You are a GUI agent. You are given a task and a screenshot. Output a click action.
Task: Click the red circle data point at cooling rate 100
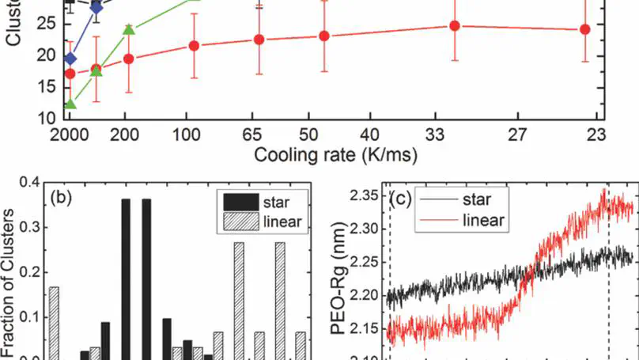tap(194, 46)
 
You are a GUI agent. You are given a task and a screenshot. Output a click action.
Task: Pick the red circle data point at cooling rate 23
tap(584, 29)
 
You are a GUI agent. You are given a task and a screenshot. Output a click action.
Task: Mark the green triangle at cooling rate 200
tap(129, 31)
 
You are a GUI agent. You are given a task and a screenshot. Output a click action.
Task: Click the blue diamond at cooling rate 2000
tap(70, 59)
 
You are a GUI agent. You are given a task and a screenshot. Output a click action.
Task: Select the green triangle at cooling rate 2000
tap(70, 104)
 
